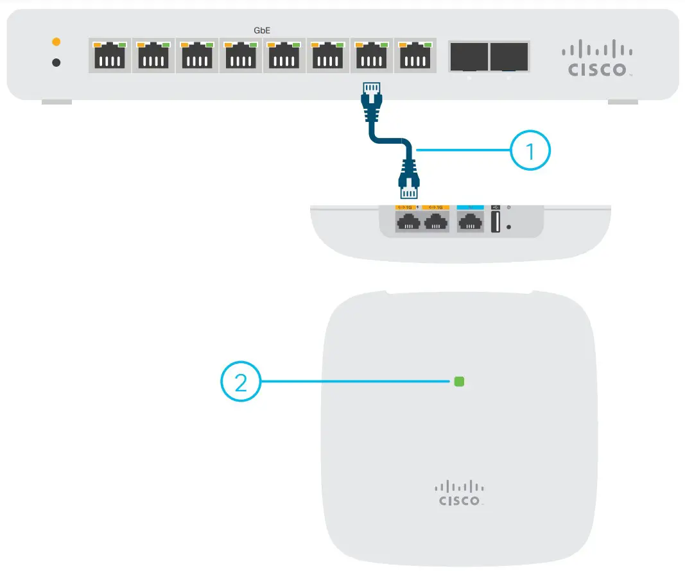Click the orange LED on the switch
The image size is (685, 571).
tap(56, 42)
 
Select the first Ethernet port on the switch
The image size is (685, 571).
tap(109, 56)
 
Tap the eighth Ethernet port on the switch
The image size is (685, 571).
tap(412, 56)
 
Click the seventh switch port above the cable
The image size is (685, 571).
tap(369, 56)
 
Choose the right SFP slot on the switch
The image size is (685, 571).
tap(508, 57)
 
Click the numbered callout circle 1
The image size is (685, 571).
tap(530, 152)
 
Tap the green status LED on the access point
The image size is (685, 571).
tap(459, 382)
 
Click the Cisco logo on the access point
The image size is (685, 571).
tap(459, 493)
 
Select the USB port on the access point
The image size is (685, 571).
tap(495, 223)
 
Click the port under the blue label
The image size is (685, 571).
tap(471, 222)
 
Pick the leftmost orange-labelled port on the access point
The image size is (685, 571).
tap(408, 222)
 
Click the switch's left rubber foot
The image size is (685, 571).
tap(56, 101)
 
